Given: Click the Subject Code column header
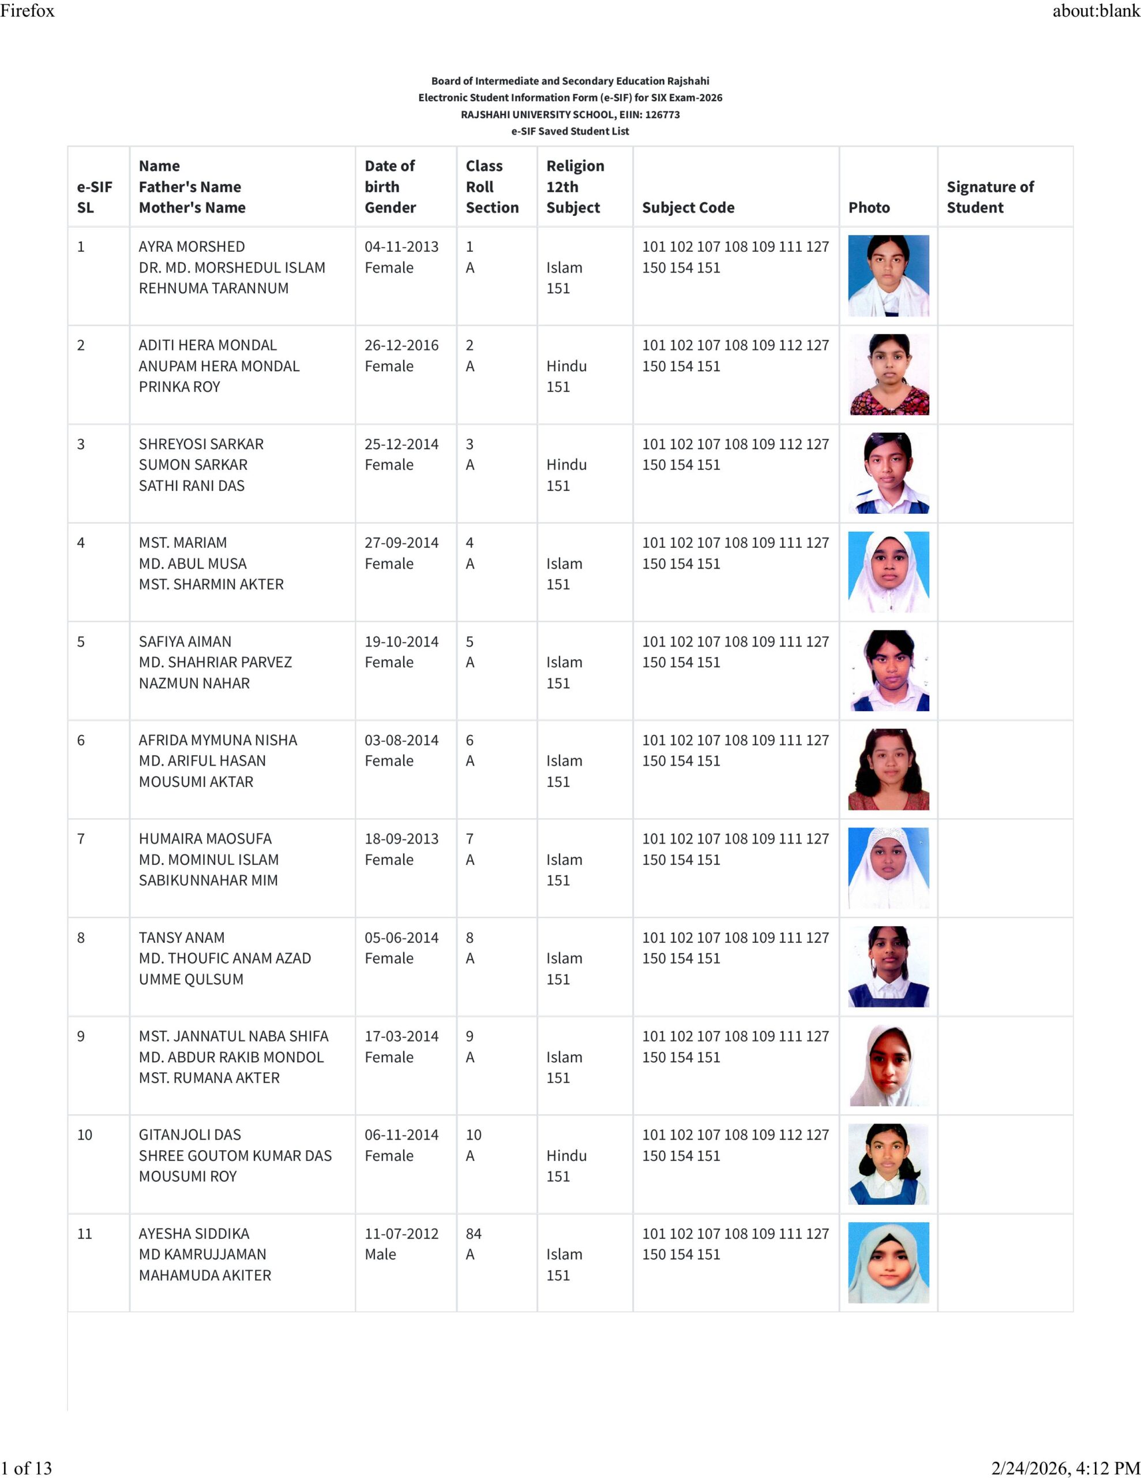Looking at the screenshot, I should click(x=688, y=208).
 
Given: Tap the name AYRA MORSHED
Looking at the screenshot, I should click(x=192, y=247).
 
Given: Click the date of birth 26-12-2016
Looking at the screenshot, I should click(x=401, y=345).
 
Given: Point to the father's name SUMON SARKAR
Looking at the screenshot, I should click(x=193, y=465).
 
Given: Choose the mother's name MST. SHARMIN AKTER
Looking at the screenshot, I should click(x=211, y=584).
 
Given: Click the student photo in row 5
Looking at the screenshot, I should click(x=888, y=671).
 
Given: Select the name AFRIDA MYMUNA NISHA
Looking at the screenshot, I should click(x=218, y=740).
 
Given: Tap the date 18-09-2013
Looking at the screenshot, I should click(x=401, y=839).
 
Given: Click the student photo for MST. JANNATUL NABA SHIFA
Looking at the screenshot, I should click(x=888, y=1065).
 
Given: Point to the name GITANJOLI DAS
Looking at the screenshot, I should click(x=189, y=1135).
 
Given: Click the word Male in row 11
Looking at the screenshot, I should click(x=380, y=1255).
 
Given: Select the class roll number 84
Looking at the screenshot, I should click(x=474, y=1234).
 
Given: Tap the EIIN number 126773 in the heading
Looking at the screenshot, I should click(x=662, y=115).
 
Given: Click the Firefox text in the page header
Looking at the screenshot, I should click(x=27, y=11).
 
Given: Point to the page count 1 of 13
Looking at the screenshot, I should click(x=27, y=1468).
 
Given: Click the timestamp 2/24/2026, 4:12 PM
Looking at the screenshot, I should click(x=1065, y=1468).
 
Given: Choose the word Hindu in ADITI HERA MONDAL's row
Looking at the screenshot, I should click(x=566, y=366).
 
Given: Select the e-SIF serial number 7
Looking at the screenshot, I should click(x=81, y=839).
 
